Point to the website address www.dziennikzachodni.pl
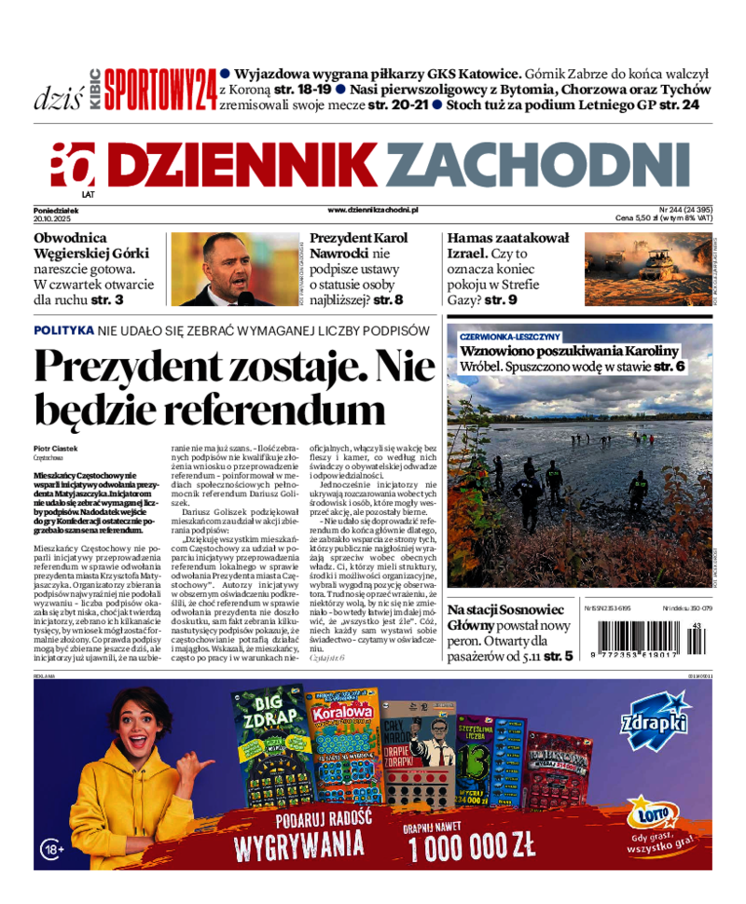point(372,211)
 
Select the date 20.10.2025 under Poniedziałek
point(53,218)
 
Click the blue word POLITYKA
point(63,330)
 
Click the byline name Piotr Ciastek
point(56,449)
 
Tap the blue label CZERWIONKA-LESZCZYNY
point(509,336)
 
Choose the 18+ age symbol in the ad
point(52,849)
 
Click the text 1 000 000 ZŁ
point(472,846)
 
